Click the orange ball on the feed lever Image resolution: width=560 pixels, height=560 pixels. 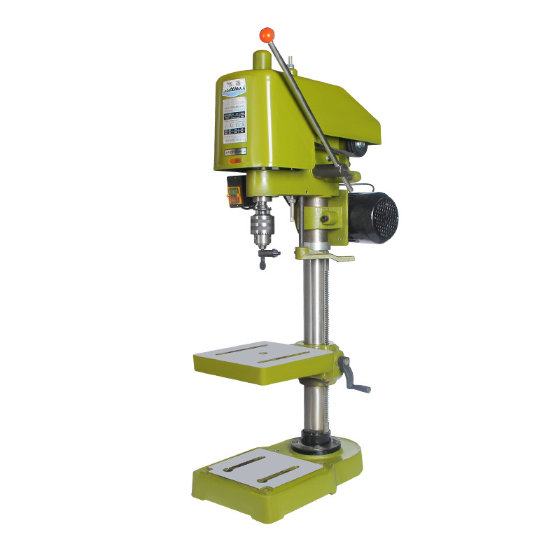point(267,34)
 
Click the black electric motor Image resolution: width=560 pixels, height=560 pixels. point(374,217)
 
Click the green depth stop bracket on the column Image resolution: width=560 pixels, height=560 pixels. point(323,254)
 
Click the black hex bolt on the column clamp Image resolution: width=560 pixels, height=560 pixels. point(325,218)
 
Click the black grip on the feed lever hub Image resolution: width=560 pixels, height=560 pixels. point(344,169)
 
